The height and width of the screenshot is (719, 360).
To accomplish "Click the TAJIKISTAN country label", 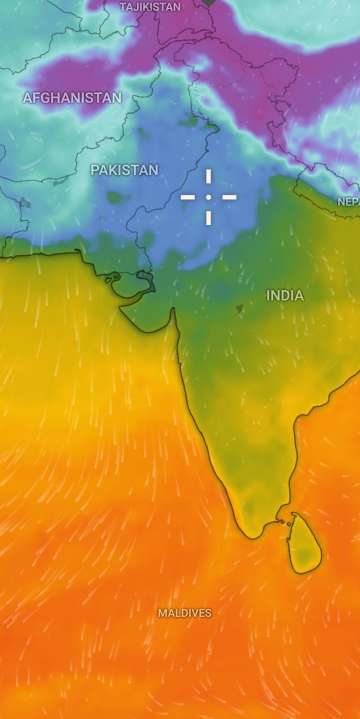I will (150, 7).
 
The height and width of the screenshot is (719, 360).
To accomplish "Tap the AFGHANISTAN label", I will (72, 98).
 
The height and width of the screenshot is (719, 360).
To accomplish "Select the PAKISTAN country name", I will (124, 170).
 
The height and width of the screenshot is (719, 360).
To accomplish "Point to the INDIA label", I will (285, 295).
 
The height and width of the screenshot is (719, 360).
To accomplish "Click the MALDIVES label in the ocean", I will (185, 613).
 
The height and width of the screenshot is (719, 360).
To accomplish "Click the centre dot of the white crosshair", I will (209, 197).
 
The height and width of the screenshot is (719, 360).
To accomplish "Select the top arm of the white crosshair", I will (209, 177).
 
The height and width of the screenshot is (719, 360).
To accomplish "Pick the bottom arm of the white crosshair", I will (209, 217).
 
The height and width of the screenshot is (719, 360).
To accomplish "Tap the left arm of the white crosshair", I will (188, 197).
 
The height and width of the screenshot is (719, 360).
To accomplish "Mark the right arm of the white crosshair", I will (229, 197).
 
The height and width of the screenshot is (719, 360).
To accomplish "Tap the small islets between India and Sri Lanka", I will (285, 522).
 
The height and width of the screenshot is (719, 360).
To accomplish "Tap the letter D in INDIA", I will (284, 295).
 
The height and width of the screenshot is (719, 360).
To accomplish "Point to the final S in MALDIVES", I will (209, 613).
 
